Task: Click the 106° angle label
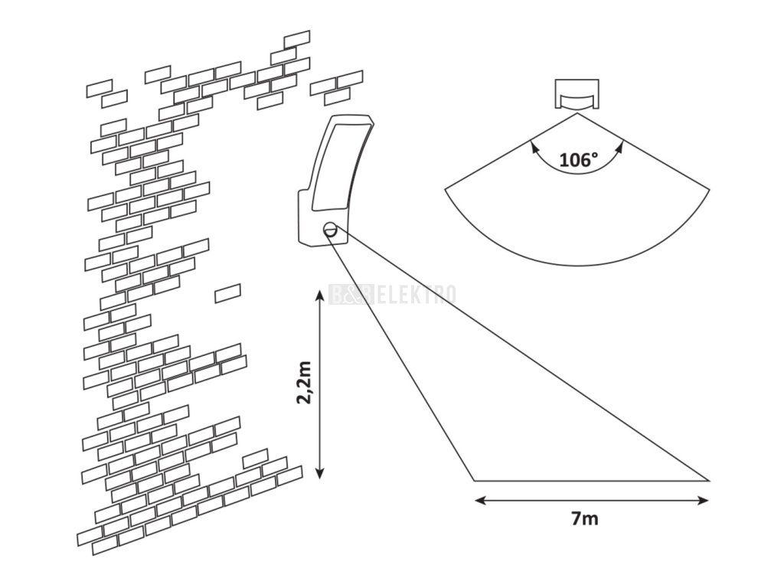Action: [577, 160]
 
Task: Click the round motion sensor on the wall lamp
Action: [330, 227]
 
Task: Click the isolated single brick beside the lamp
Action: [227, 292]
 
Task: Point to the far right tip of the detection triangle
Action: [709, 481]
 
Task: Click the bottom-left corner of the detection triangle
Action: [473, 481]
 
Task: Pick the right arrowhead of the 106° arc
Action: [620, 143]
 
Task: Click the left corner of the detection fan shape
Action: [446, 188]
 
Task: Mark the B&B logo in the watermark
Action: [351, 294]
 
